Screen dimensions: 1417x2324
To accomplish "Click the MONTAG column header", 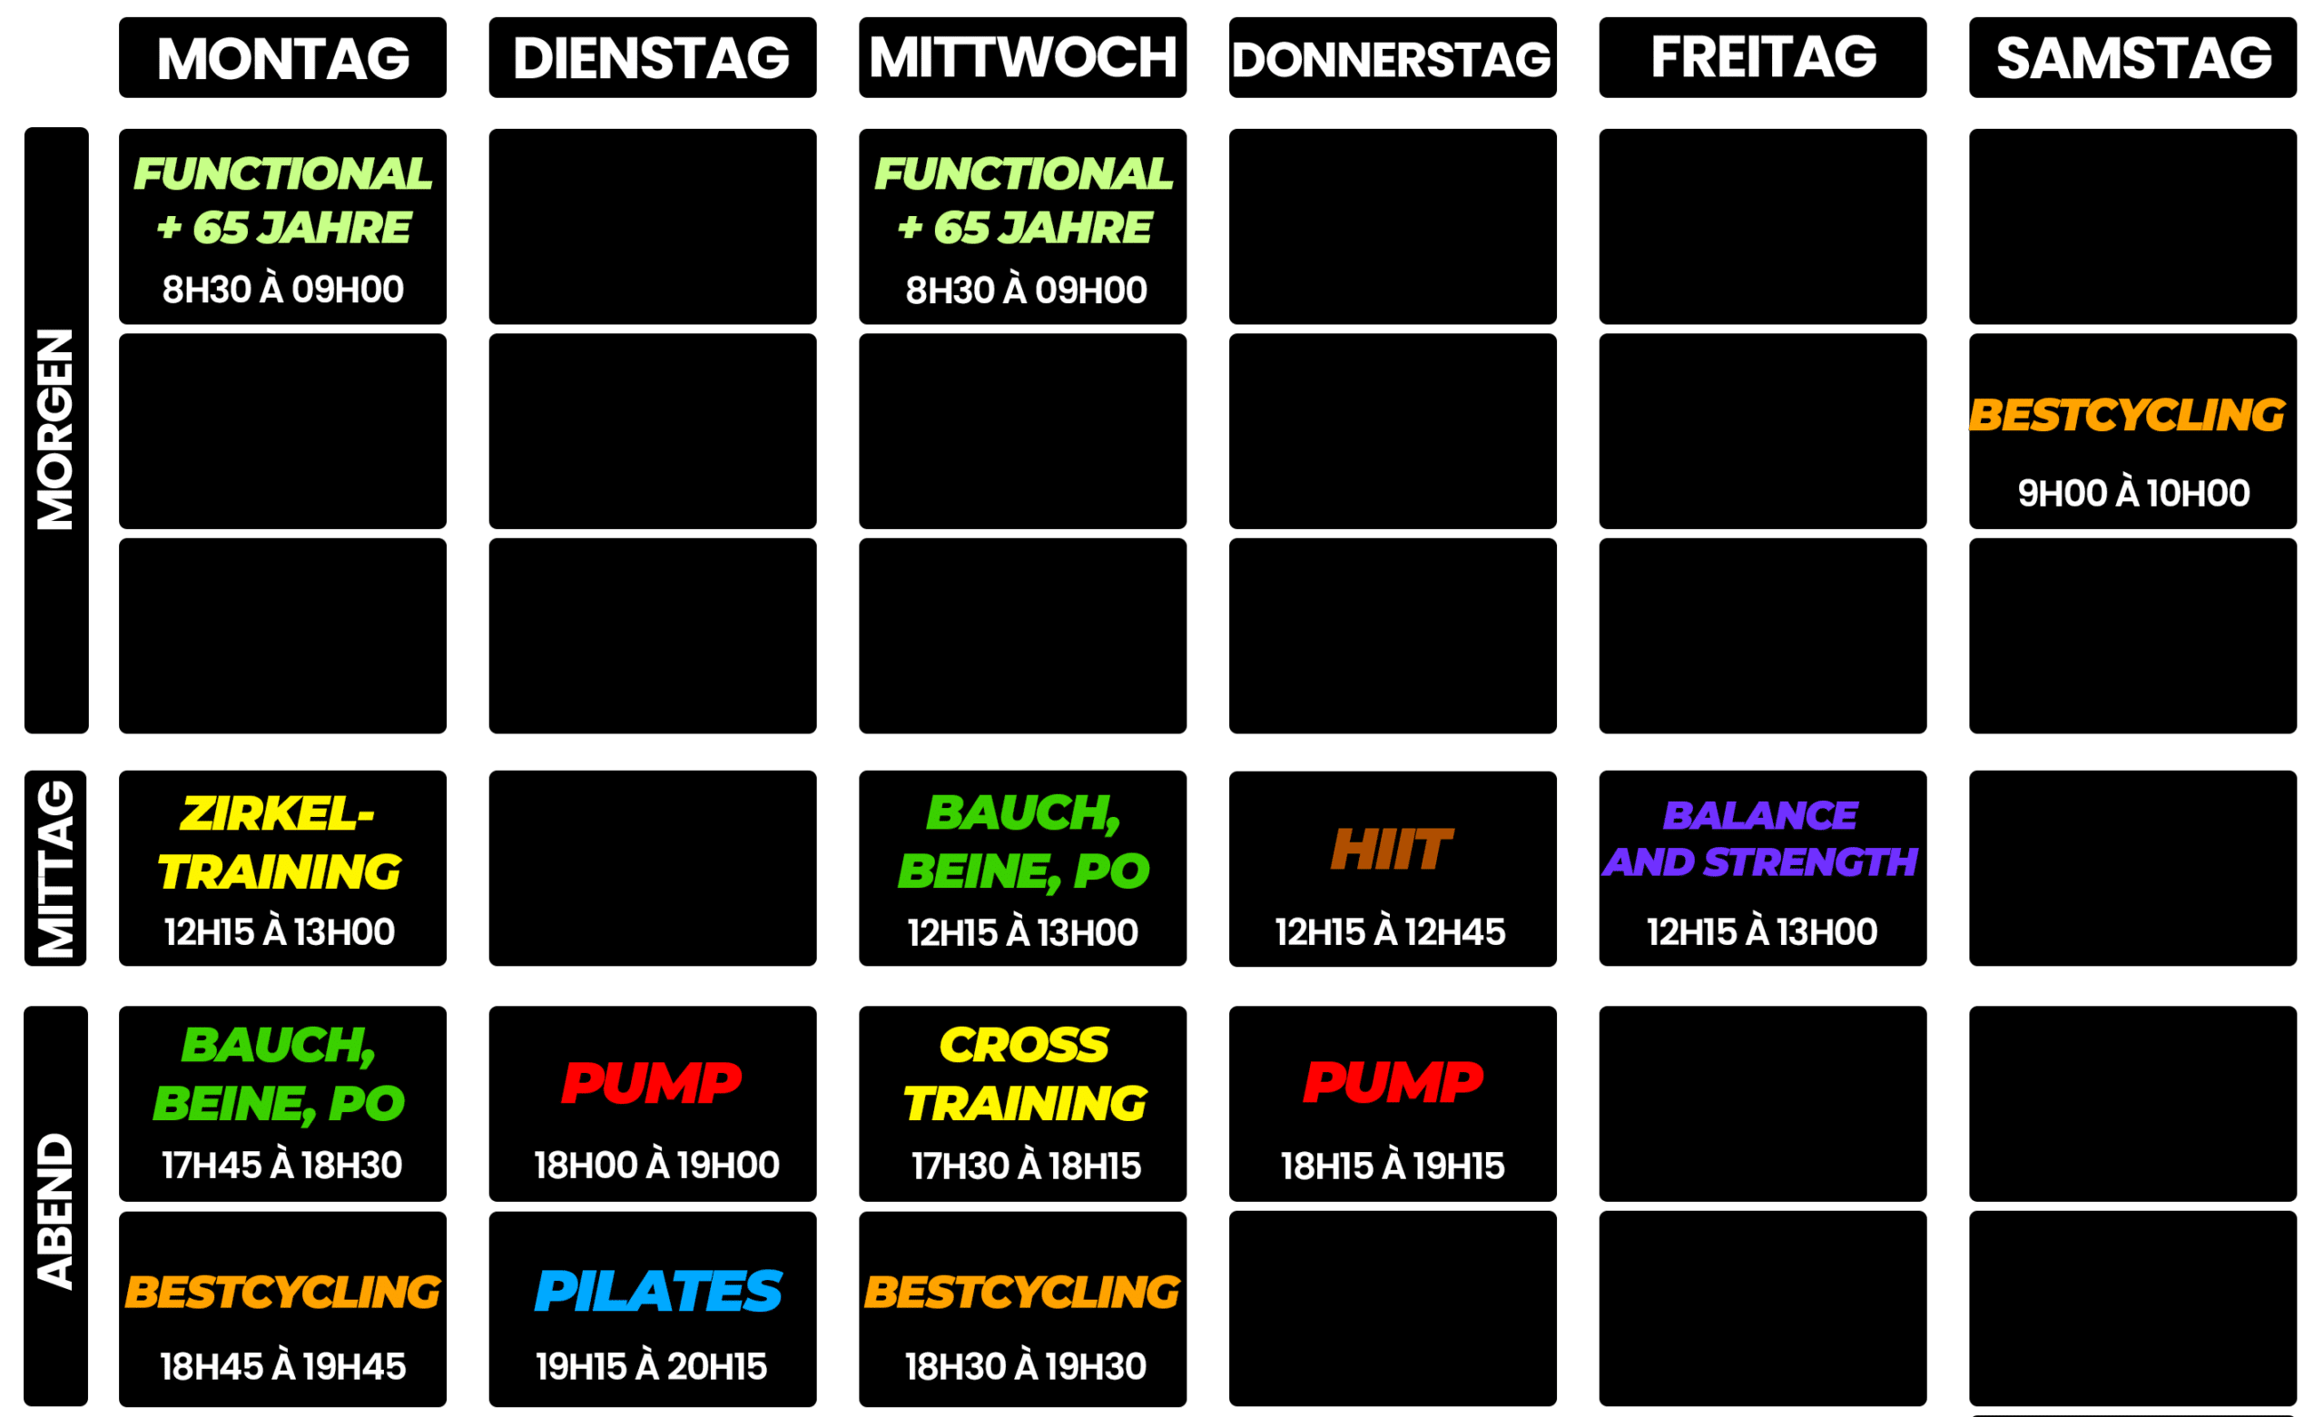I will (283, 58).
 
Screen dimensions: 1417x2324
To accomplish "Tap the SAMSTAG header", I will (2133, 58).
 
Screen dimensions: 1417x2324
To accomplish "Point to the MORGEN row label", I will (54, 429).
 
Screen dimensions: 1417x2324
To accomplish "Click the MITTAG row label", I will (54, 868).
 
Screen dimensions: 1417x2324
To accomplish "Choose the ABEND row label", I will (54, 1209).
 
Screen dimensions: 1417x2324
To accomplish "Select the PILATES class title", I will (657, 1291).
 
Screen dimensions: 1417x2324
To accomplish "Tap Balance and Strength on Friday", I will (1761, 839).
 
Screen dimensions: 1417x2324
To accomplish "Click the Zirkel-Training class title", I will (280, 842).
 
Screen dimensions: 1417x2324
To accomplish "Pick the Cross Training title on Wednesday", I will (1025, 1074).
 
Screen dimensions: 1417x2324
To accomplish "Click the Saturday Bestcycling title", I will (2127, 415).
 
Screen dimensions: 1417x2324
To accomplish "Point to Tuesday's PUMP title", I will (652, 1082).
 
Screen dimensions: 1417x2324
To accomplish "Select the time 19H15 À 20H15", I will (652, 1366).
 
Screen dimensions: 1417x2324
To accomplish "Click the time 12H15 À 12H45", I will (1390, 932).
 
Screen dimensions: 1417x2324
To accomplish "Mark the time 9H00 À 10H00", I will (2133, 493).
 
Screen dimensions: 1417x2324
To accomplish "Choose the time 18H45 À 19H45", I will (283, 1366).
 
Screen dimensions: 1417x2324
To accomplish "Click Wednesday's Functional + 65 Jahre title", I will (1024, 200).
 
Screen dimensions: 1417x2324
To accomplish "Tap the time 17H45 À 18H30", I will (282, 1166).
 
